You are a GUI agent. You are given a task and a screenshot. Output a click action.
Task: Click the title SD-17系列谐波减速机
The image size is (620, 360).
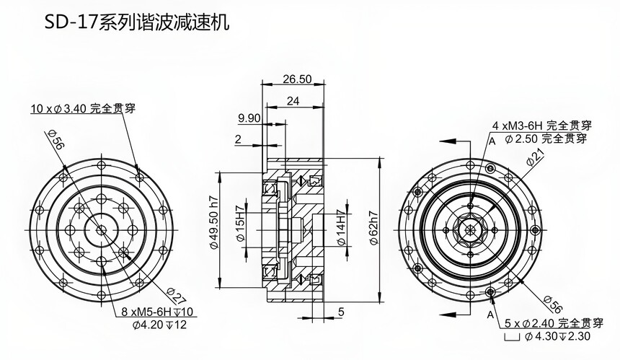pos(136,23)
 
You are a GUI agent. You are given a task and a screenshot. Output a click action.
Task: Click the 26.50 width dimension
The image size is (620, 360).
pos(297,79)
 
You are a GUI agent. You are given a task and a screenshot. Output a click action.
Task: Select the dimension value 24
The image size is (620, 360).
pos(293,101)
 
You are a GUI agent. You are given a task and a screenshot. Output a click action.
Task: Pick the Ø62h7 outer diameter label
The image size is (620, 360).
pos(373,229)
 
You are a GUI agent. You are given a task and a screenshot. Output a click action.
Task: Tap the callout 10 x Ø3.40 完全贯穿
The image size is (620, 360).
pos(83,109)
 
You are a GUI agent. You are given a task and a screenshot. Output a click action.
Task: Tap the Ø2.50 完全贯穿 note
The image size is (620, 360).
pos(546,138)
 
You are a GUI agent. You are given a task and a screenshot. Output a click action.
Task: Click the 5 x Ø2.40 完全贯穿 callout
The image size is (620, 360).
pos(549,322)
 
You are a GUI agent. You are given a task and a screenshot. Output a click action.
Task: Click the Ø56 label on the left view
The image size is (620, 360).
pos(56,141)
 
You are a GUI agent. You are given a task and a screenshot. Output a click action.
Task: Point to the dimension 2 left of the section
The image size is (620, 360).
pos(237,140)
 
